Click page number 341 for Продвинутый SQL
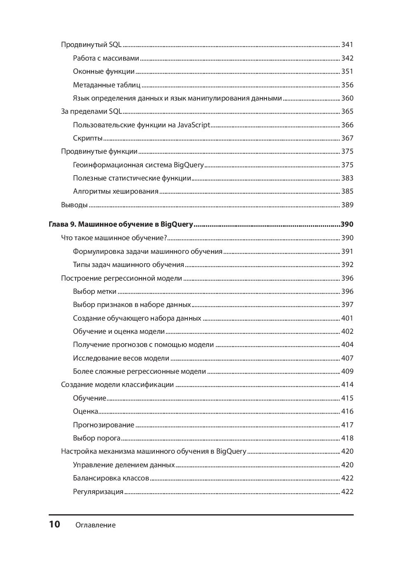coord(347,45)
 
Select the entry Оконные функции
coord(104,71)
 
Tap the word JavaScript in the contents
coord(194,125)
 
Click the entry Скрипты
coord(87,138)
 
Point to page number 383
coord(347,178)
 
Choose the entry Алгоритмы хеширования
coord(116,191)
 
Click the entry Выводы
coord(74,205)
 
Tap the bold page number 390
coord(347,224)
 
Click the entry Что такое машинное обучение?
coord(114,238)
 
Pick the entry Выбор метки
coord(95,291)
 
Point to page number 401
coord(347,318)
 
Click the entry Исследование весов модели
coord(121,358)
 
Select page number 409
coord(347,371)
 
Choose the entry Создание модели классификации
coord(117,384)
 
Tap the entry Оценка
coord(85,411)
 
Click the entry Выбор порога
coord(97,438)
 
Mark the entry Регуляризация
coord(98,492)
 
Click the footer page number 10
coord(54,524)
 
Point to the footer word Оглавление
coord(95,525)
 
